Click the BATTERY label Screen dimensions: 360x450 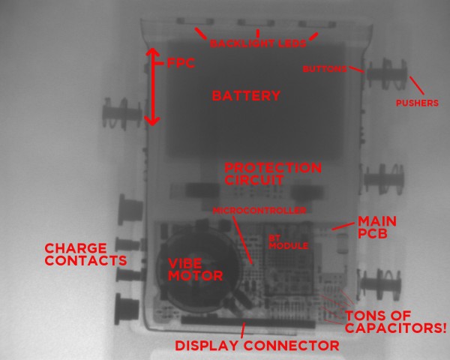tap(246, 96)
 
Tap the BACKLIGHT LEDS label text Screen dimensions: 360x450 tap(257, 43)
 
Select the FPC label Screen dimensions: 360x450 tap(179, 64)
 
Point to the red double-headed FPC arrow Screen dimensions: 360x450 tap(152, 86)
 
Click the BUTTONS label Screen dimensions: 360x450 tap(324, 69)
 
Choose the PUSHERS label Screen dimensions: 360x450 tap(416, 103)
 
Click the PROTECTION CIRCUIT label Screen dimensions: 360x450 tap(273, 173)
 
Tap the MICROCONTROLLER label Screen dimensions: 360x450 tap(259, 211)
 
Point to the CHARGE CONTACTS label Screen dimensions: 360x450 tap(84, 253)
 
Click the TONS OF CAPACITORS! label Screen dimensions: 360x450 tap(395, 322)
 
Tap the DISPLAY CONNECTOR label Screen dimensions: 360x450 tap(256, 346)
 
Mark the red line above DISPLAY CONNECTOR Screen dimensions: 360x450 tap(244, 330)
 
